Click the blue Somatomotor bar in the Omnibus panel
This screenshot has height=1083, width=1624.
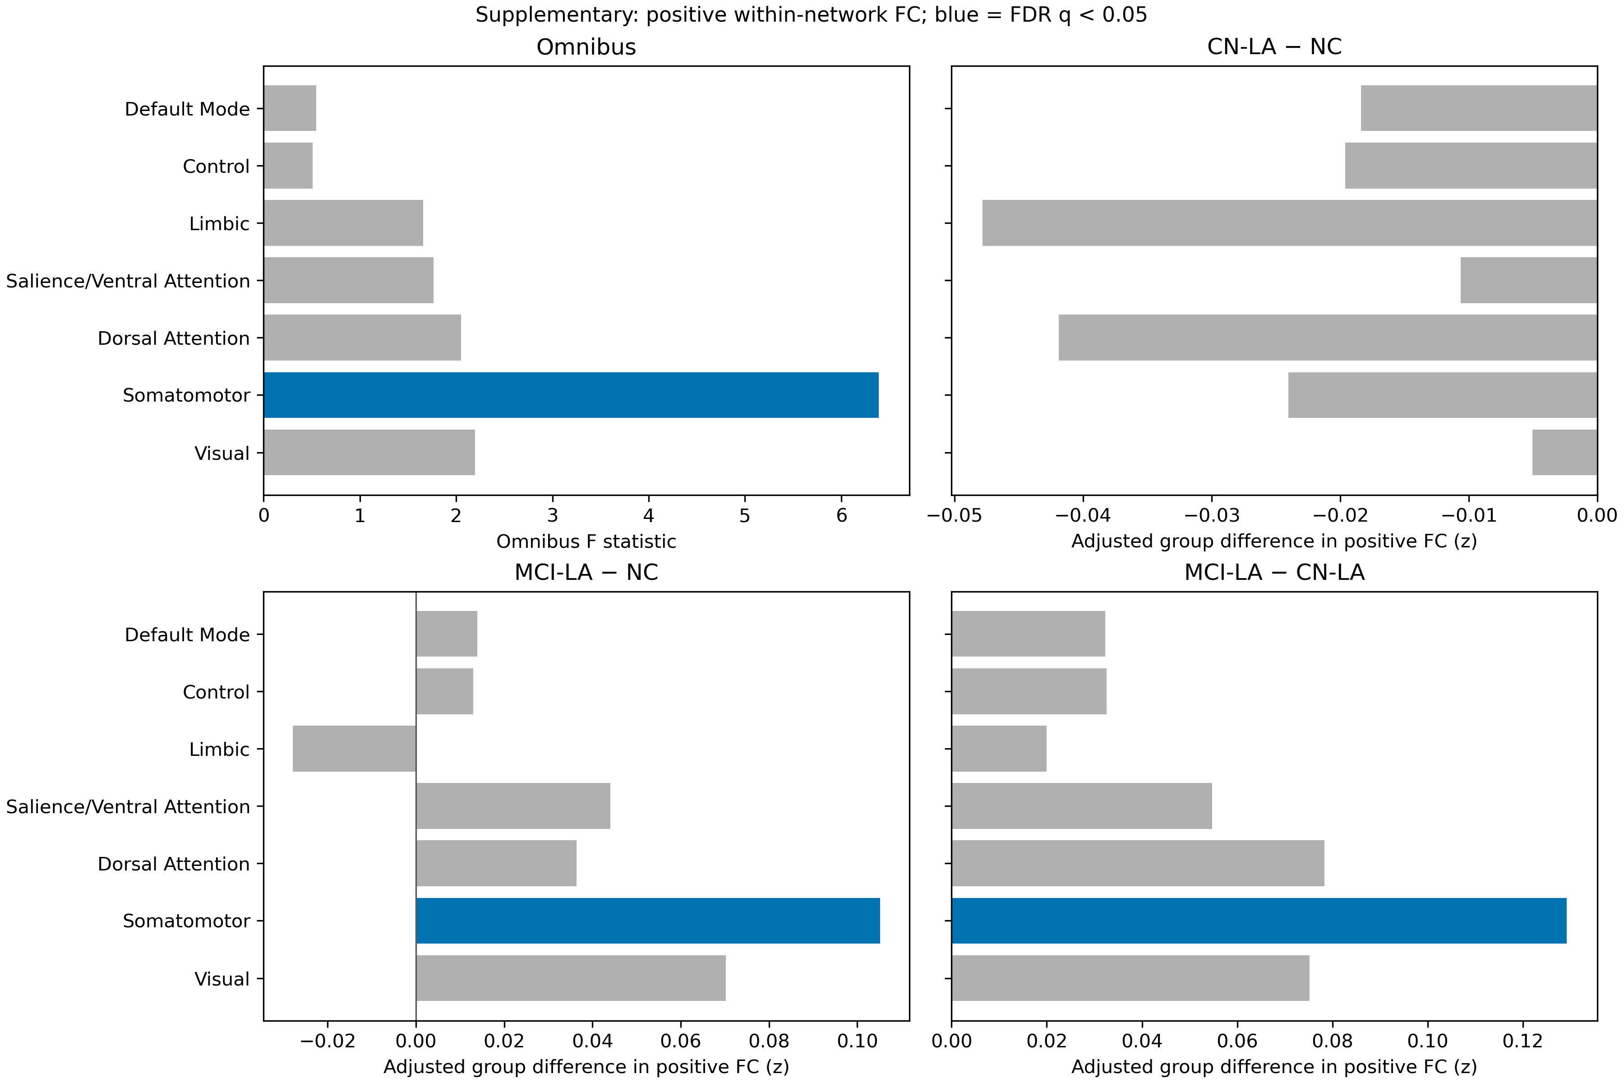point(571,395)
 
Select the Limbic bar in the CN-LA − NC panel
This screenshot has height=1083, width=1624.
point(1290,223)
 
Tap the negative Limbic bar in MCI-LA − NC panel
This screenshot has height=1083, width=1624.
point(354,749)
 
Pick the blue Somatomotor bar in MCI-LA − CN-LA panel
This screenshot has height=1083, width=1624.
point(1259,921)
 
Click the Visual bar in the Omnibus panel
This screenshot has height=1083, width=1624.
point(369,453)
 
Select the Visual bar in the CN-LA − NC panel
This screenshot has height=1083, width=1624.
point(1564,453)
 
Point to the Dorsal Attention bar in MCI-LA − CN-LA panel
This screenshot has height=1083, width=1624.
point(1138,863)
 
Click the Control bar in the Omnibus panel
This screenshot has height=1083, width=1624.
point(288,166)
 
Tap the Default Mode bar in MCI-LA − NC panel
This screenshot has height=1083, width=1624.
point(447,634)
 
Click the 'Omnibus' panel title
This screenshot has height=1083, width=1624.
point(586,47)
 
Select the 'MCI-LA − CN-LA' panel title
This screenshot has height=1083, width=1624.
point(1275,573)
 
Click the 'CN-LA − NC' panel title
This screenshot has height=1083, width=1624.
point(1275,47)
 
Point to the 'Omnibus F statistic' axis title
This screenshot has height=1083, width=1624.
point(586,541)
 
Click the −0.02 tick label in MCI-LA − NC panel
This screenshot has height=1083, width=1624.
point(328,1041)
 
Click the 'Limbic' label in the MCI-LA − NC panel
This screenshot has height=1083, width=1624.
point(220,750)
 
